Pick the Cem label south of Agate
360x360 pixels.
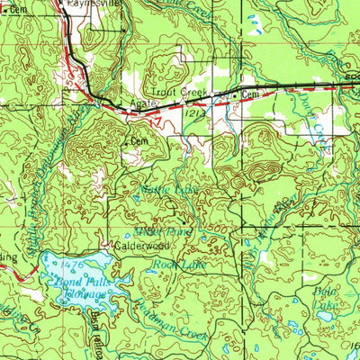[x=139, y=141]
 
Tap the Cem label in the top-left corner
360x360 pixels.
[x=17, y=8]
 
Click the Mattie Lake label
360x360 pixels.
[x=163, y=189]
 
